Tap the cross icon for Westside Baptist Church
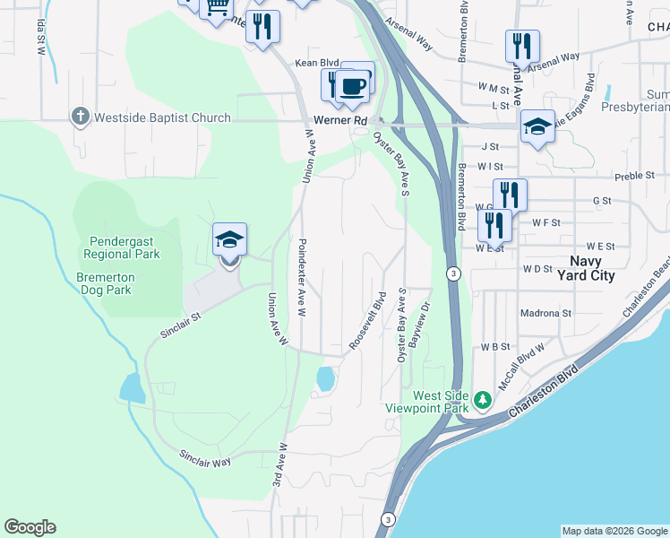click(x=80, y=117)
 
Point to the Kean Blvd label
click(x=310, y=62)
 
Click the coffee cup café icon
click(x=354, y=86)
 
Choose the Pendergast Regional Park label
click(x=125, y=247)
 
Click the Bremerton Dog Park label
click(x=116, y=283)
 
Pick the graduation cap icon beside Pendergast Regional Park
click(x=229, y=240)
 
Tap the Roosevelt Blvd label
click(x=365, y=321)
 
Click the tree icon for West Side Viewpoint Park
click(x=483, y=398)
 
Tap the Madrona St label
click(x=545, y=313)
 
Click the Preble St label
click(x=634, y=176)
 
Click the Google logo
click(x=30, y=527)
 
